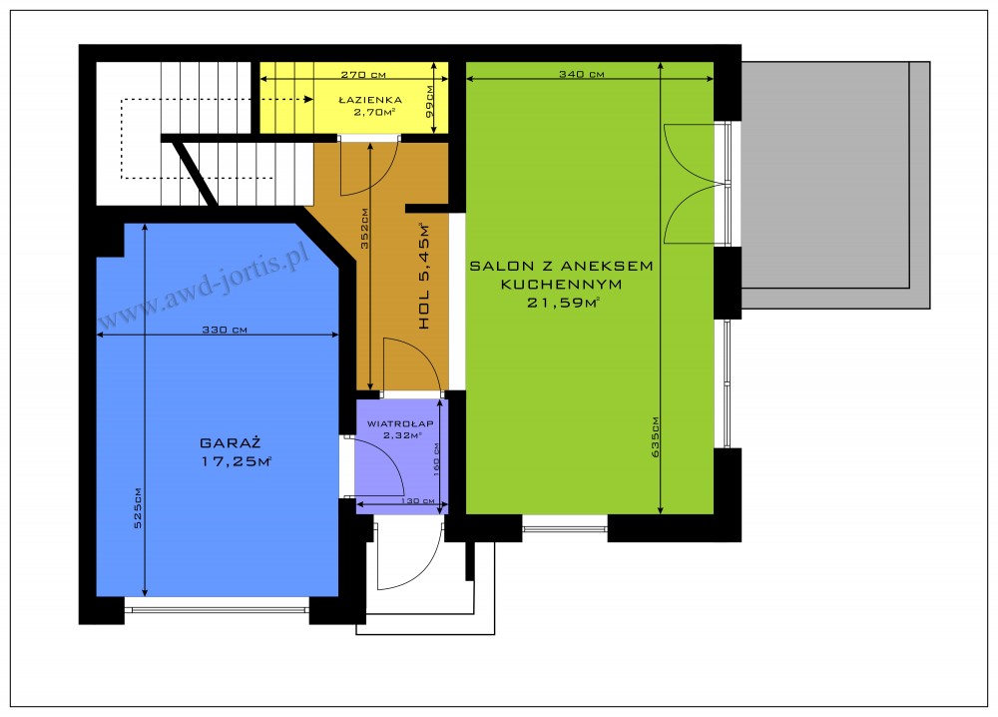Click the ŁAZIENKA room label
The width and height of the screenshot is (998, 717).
[370, 100]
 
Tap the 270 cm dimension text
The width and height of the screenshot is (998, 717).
[363, 75]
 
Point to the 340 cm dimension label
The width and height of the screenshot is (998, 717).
[582, 74]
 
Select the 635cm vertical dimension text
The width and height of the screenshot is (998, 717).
[656, 436]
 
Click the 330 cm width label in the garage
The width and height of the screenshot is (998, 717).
[225, 330]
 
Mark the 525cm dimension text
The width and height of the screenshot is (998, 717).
[138, 507]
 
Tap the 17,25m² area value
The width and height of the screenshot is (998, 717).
[237, 461]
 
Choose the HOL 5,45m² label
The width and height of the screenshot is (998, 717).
[424, 276]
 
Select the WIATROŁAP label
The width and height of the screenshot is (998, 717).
[400, 423]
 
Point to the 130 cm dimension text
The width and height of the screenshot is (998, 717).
[417, 501]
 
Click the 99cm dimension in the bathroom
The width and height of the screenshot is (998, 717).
[429, 102]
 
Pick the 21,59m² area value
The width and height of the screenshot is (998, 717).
[563, 304]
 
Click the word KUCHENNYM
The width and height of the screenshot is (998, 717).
[561, 285]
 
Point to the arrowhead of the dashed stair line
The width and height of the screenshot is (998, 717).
[308, 99]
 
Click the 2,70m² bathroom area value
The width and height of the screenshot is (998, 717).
[375, 113]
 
